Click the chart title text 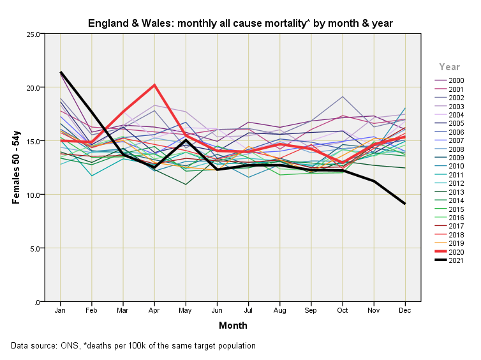point(240,24)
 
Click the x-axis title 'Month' point(233,326)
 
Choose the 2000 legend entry point(455,80)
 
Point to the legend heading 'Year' point(449,67)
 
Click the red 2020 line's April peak point(154,85)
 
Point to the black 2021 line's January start point(60,72)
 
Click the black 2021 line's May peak point(186,140)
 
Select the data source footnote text point(133,346)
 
